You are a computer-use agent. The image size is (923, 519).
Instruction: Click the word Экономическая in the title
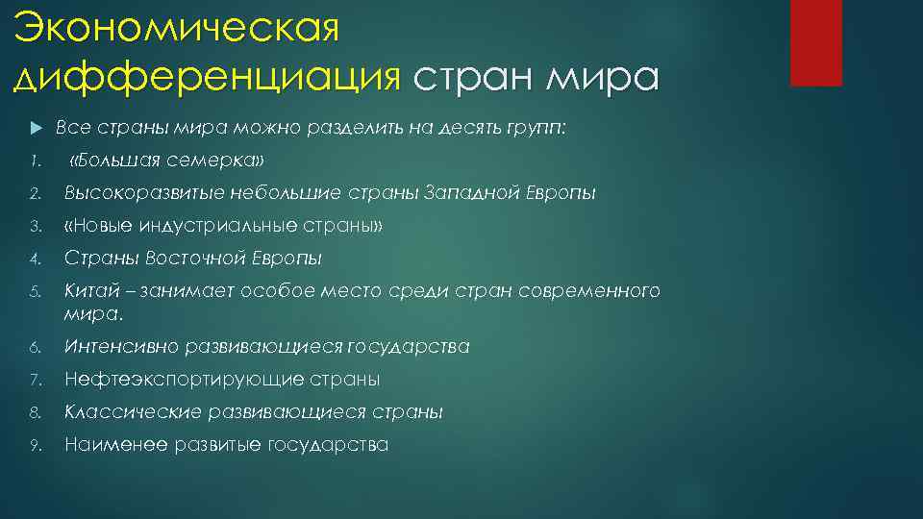point(178,28)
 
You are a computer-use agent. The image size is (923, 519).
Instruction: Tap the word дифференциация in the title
point(207,77)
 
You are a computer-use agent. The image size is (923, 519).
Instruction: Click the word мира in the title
point(602,77)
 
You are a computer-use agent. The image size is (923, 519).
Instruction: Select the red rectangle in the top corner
point(815,42)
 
